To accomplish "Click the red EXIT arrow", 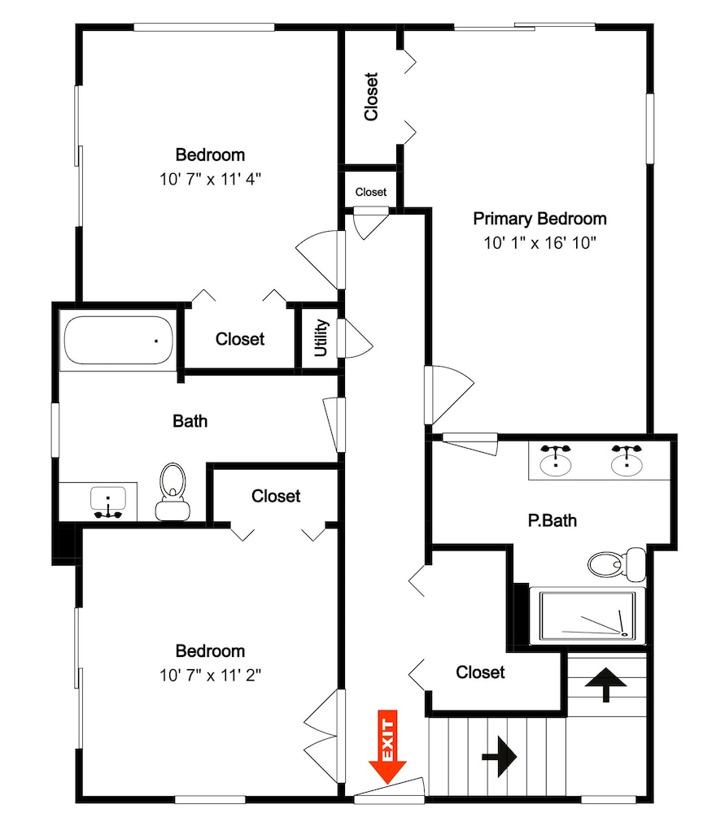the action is [387, 746].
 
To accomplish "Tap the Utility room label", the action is [321, 337].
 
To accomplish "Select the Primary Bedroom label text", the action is [539, 219].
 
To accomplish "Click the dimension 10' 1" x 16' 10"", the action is [539, 242].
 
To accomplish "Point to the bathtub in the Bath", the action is [118, 340].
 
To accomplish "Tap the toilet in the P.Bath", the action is [617, 563].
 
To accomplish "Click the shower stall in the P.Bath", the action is [587, 616].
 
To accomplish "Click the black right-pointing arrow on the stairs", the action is [500, 756].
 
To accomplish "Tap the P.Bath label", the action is [553, 520].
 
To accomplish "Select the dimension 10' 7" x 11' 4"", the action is [210, 180].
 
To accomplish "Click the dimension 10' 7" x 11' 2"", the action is [210, 675].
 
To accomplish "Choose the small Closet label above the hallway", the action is [370, 192].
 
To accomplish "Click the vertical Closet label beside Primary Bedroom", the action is [371, 97].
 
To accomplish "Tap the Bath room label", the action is [190, 421].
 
